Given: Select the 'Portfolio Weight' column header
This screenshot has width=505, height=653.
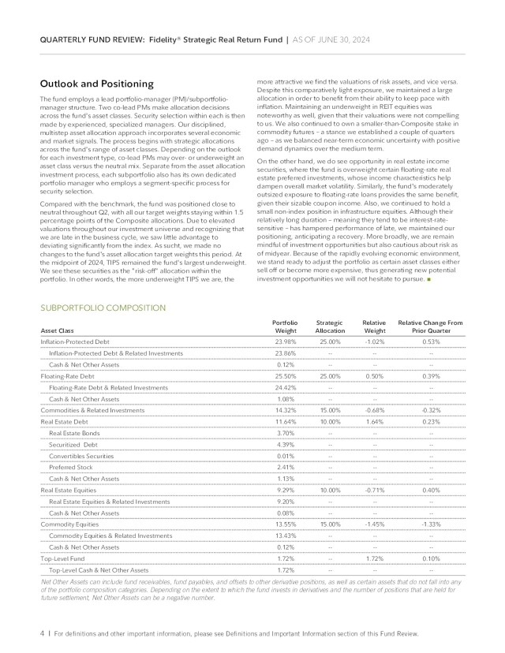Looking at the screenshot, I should pyautogui.click(x=285, y=326).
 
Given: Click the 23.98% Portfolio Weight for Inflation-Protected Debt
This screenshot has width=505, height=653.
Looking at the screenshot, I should pyautogui.click(x=285, y=341).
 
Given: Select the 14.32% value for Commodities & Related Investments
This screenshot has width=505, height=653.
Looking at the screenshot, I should pyautogui.click(x=285, y=410).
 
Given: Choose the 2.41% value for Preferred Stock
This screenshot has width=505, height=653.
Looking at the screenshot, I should pyautogui.click(x=286, y=467).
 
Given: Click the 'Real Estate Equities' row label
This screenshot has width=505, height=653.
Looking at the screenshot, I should pyautogui.click(x=69, y=490).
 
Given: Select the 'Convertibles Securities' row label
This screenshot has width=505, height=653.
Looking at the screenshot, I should pyautogui.click(x=81, y=456).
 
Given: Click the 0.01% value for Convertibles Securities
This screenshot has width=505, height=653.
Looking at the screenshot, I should pyautogui.click(x=286, y=456).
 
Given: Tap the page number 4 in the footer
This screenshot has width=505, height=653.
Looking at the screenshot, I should pyautogui.click(x=42, y=632).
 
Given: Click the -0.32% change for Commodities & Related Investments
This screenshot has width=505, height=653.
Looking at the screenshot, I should pyautogui.click(x=431, y=410).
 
